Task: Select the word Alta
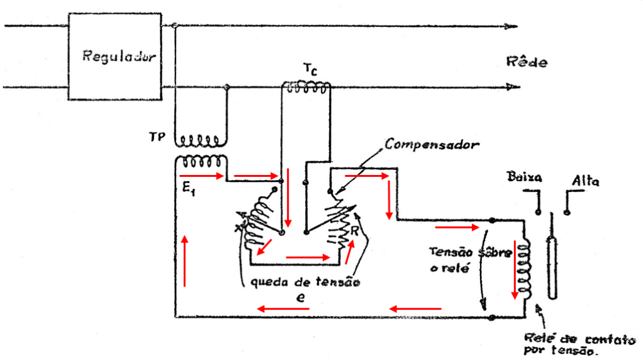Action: [585, 182]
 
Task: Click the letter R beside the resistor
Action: [355, 230]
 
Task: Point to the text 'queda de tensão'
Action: [305, 282]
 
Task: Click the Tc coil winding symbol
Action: [306, 89]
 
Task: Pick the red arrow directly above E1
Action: [201, 176]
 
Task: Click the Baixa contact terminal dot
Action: [539, 212]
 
